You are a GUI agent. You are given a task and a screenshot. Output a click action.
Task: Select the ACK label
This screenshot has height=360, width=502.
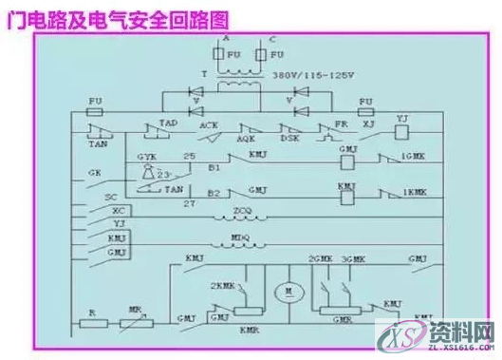210,124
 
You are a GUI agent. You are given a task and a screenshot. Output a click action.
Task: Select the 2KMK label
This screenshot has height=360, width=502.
222,284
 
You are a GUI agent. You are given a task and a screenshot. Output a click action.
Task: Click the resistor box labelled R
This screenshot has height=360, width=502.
93,323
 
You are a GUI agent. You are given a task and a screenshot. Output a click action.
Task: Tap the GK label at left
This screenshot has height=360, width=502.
93,174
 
